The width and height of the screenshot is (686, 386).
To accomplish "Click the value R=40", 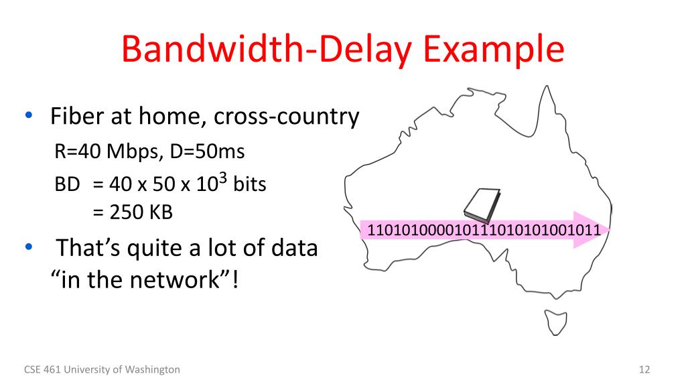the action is [76, 151].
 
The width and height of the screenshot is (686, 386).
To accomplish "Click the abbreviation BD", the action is [67, 184].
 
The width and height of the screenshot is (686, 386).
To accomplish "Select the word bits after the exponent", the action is [249, 184].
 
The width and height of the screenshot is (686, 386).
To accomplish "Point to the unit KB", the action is [161, 212].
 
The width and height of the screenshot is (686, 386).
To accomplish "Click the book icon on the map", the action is [480, 205].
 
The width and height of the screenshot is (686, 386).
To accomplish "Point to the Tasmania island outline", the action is [555, 320].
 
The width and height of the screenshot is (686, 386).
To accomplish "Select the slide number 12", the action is [645, 369].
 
